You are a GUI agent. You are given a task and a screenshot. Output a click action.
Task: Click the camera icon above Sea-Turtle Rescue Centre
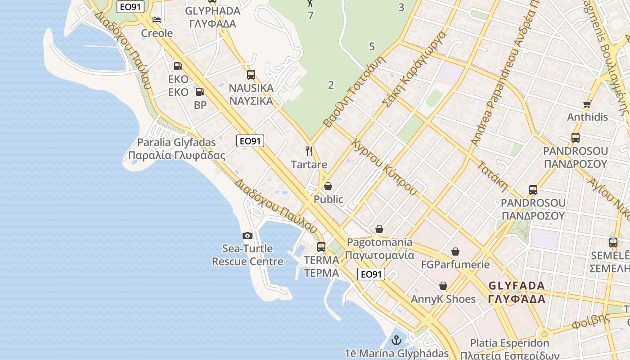[247, 235]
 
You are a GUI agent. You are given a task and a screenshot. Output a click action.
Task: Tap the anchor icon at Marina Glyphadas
[396, 340]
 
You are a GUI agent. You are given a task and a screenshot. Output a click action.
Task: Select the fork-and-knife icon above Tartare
[309, 151]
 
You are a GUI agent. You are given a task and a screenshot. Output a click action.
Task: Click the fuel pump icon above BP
[200, 92]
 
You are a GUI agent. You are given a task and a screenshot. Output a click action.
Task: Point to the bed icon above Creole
[157, 20]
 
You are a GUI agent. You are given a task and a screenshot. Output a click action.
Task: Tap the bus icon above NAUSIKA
[251, 75]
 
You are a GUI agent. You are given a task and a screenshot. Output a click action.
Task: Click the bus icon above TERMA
[321, 247]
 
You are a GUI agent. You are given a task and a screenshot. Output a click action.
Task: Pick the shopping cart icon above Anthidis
[587, 104]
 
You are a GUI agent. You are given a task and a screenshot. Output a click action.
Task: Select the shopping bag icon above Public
[328, 186]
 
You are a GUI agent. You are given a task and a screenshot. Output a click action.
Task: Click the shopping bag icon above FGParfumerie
[455, 252]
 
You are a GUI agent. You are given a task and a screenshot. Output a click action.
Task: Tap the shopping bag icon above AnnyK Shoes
[443, 286]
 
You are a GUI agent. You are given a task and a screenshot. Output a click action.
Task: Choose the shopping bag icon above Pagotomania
[379, 229]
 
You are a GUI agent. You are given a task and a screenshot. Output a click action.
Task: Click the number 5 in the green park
[372, 46]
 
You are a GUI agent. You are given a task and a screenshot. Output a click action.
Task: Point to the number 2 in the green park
[331, 85]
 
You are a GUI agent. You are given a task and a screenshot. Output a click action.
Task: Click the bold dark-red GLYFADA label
[517, 292]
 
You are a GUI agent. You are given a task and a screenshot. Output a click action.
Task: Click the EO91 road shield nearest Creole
[130, 7]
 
